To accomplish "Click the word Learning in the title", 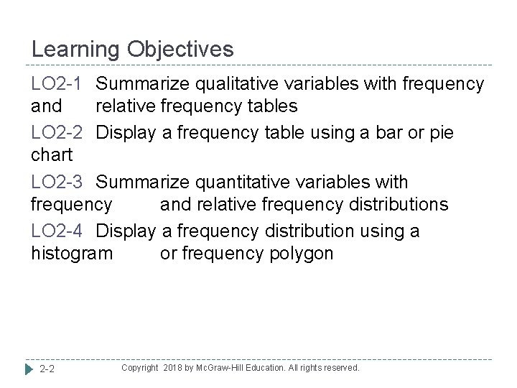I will [x=76, y=50].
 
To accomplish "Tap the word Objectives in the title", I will [x=181, y=50].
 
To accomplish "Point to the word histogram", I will [x=72, y=254].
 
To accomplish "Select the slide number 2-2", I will [x=49, y=369].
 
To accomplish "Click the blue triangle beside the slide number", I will [x=29, y=369].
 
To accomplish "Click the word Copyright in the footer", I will [x=139, y=368].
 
